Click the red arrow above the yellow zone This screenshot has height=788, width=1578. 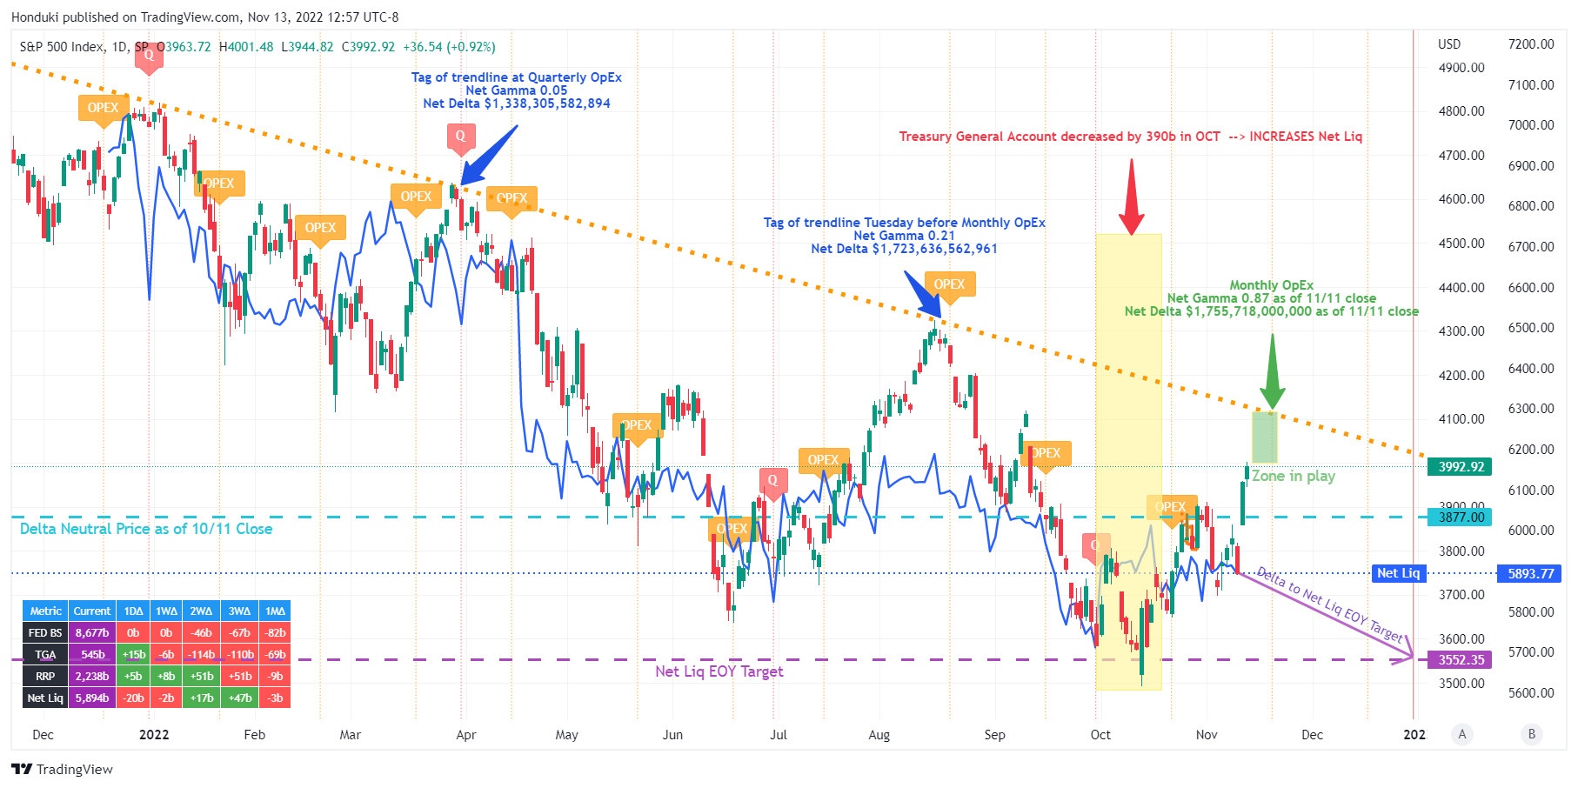pos(1131,198)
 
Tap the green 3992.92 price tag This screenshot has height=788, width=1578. pos(1460,467)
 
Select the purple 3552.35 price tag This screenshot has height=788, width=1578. pos(1460,660)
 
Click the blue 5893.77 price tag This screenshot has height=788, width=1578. pos(1530,574)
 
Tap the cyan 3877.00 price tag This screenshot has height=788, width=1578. pos(1460,518)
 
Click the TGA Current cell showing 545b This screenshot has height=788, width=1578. pos(92,655)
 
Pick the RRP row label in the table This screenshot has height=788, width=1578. pos(45,677)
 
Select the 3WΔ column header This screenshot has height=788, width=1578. pos(239,611)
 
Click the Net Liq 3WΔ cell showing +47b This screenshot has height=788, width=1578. pos(239,698)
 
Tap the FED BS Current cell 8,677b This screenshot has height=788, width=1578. pos(92,633)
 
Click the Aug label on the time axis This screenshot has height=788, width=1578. pos(879,735)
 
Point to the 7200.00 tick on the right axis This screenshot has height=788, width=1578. pos(1530,44)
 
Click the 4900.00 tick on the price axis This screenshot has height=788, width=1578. pos(1461,68)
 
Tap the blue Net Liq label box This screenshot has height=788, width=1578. pos(1398,573)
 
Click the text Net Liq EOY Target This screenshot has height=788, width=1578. pos(719,671)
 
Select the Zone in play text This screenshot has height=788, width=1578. pos(1293,477)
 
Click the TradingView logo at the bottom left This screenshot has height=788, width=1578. pos(63,770)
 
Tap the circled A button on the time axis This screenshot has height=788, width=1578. pos(1462,735)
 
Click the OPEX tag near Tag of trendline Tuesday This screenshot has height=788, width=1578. pos(949,284)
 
